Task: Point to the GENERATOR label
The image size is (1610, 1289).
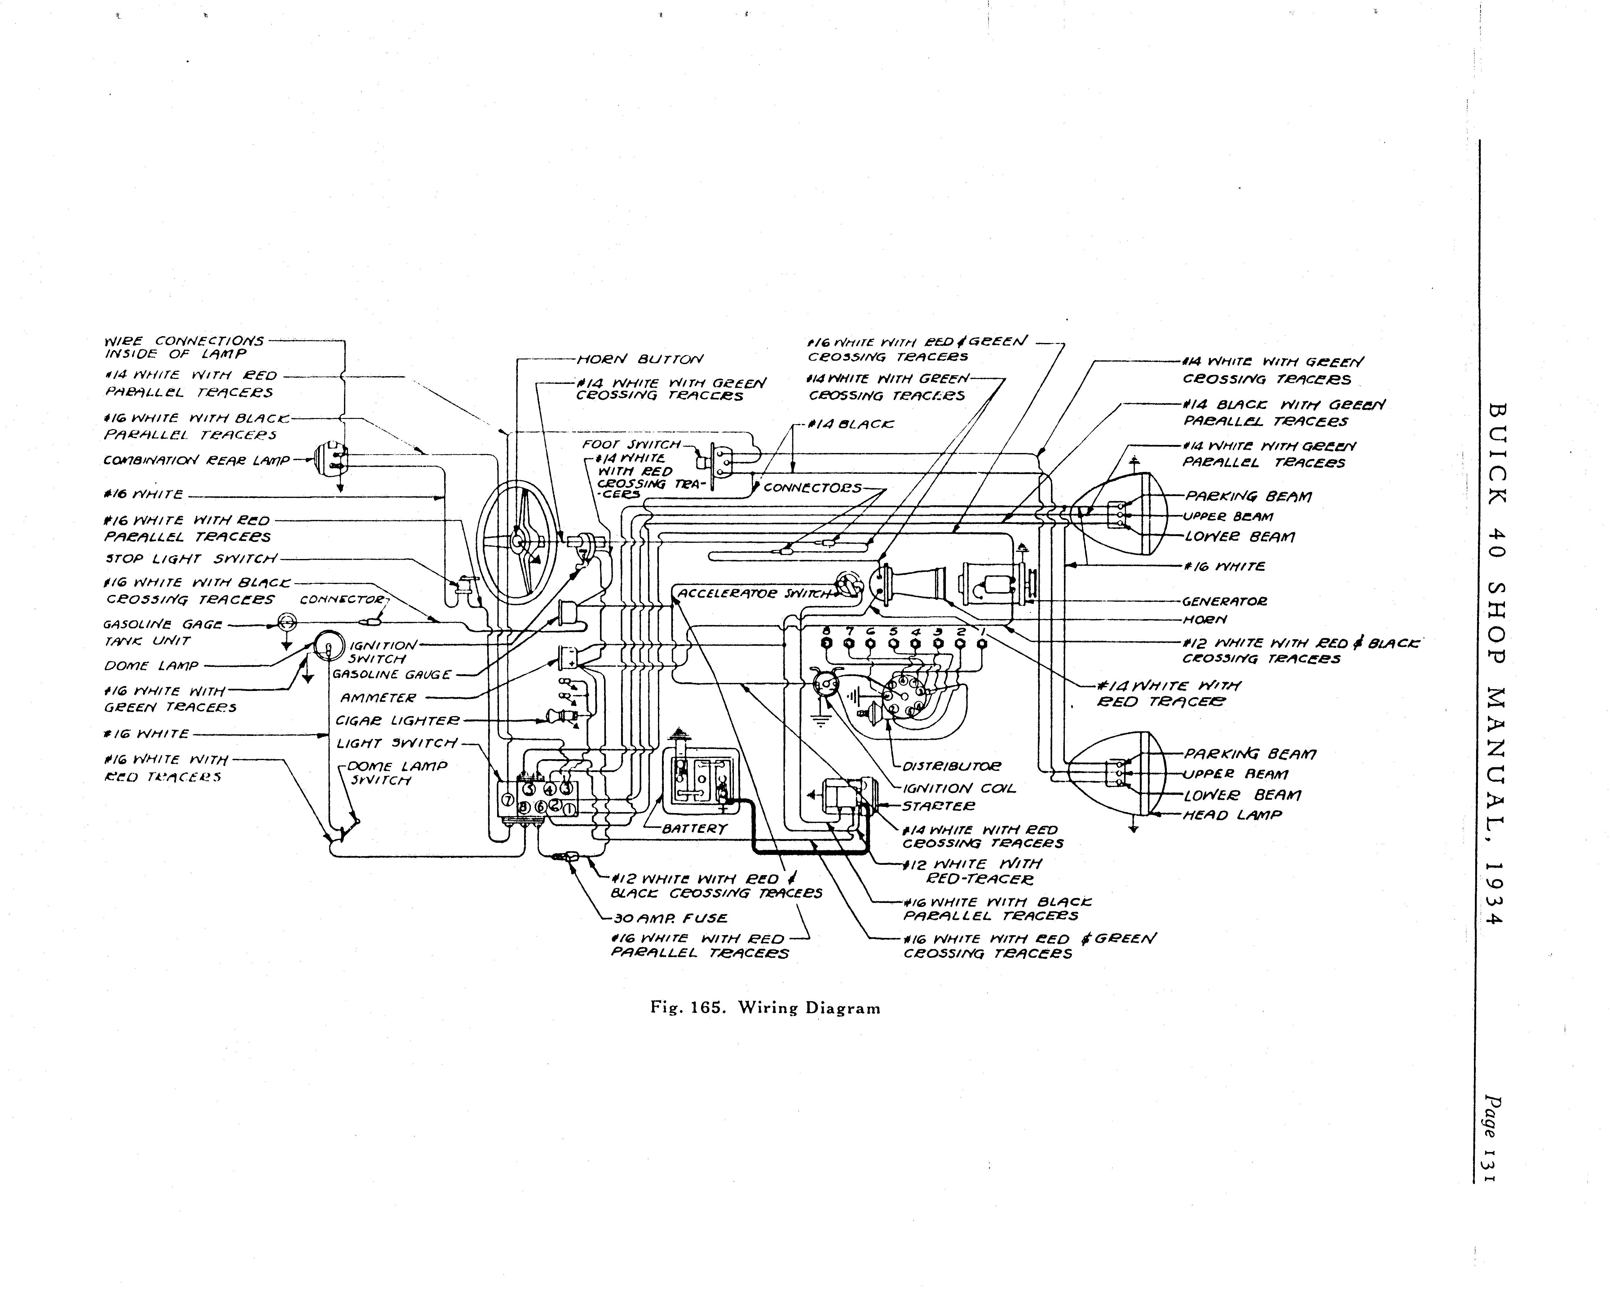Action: click(x=1225, y=601)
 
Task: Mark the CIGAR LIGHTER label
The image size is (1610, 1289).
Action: click(x=397, y=721)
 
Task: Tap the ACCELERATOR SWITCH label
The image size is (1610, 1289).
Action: click(x=754, y=594)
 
